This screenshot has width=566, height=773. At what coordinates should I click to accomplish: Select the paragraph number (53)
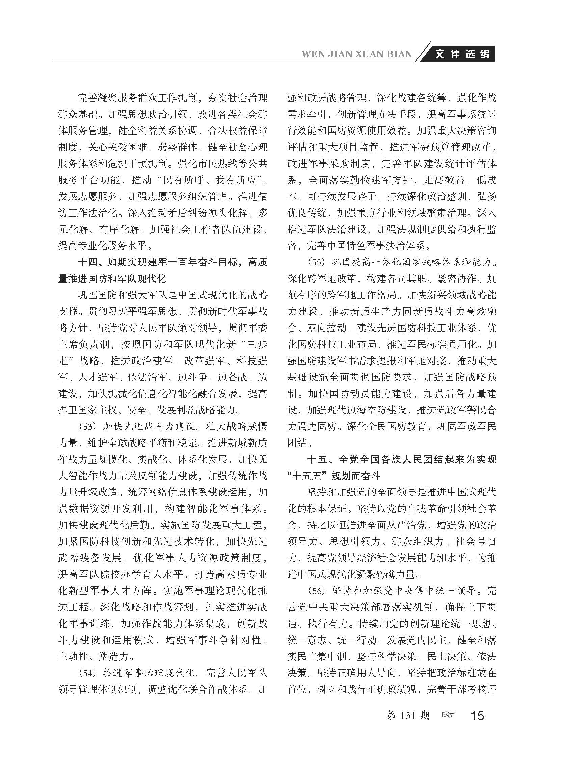87,427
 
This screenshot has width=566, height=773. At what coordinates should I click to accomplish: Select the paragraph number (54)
87,673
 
